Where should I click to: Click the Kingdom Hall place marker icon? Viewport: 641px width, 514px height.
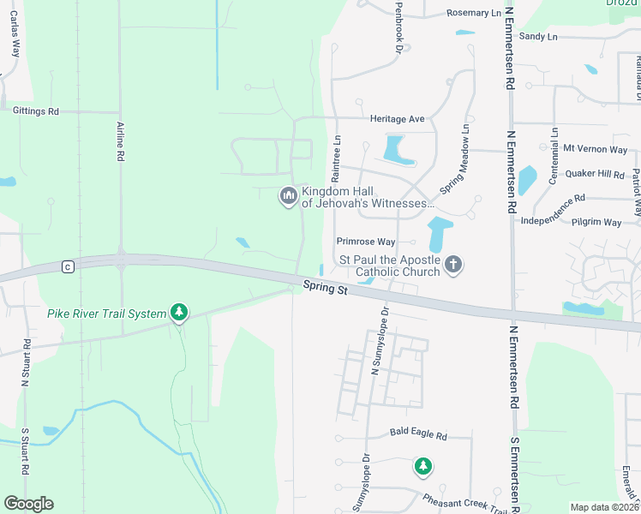288,197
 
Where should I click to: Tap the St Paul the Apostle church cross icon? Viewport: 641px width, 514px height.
453,266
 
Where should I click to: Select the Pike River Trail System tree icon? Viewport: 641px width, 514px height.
179,313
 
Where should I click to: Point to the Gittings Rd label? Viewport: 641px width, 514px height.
35,111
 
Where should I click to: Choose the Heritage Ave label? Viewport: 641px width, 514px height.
398,119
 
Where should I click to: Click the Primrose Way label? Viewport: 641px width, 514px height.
366,242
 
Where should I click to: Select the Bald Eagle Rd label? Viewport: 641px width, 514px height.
418,435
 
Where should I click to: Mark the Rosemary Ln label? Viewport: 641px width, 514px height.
474,13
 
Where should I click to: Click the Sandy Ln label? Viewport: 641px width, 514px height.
538,36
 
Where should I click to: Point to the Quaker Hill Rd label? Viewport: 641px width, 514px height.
600,174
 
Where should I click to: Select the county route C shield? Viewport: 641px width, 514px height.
67,267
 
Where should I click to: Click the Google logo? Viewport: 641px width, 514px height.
28,504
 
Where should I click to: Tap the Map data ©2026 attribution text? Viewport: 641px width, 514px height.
603,507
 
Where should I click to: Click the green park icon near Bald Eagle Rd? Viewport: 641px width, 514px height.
422,467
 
